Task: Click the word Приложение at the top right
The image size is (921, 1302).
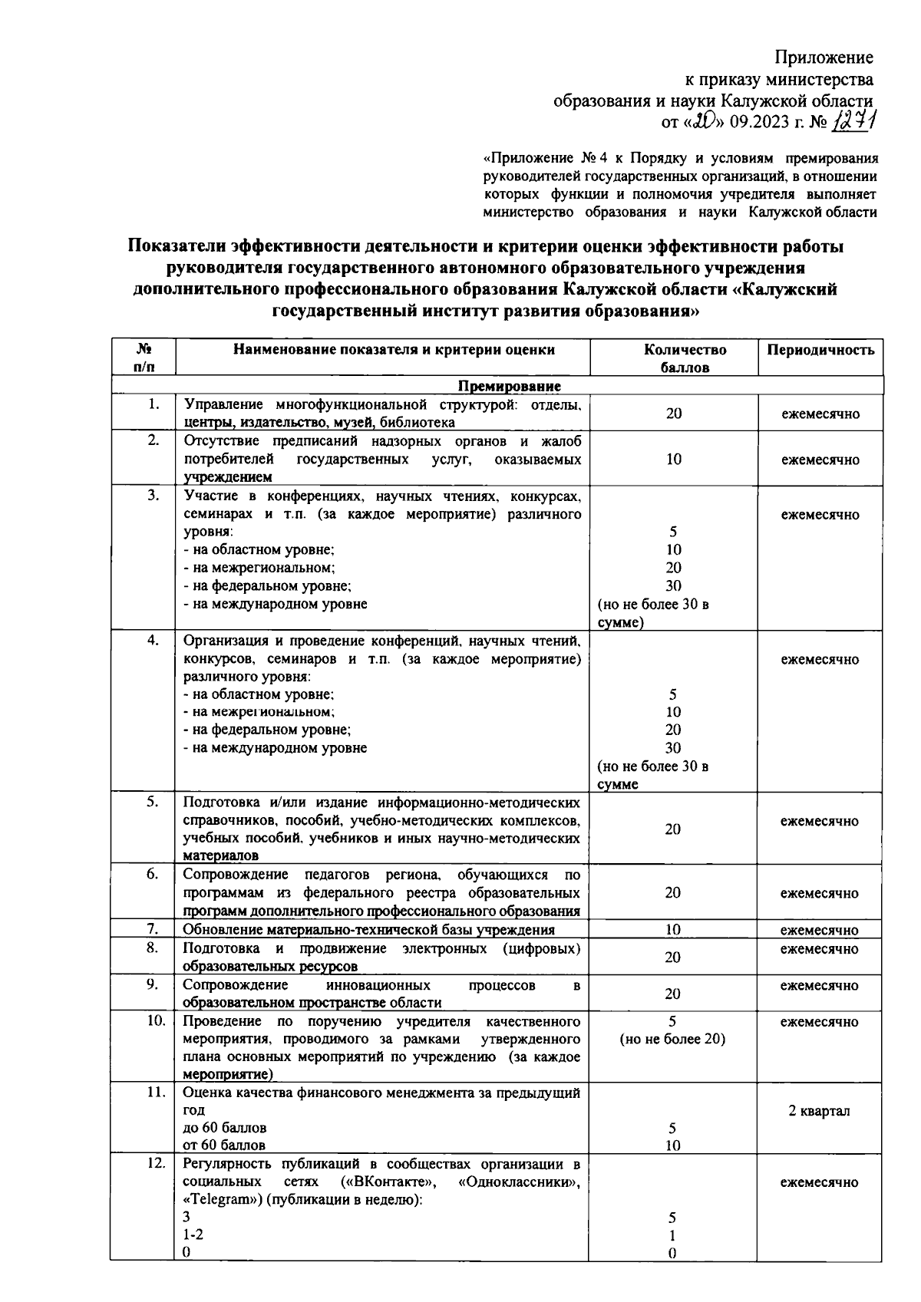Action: click(x=823, y=58)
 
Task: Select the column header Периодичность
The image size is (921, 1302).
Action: click(x=820, y=350)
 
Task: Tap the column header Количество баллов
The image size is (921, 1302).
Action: click(x=674, y=358)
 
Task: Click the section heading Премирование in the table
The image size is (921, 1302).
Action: click(x=510, y=386)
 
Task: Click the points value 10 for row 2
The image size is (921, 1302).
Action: click(x=673, y=460)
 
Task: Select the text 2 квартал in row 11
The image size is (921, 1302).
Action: click(x=819, y=1111)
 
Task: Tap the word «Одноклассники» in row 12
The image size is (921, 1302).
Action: click(x=519, y=1182)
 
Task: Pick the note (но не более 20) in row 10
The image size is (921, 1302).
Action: click(x=673, y=1040)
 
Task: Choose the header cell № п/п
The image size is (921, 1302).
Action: click(x=144, y=358)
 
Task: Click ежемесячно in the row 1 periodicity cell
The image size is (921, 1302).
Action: click(x=820, y=414)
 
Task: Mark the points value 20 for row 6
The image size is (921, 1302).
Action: click(x=673, y=893)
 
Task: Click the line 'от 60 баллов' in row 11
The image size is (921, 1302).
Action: click(x=224, y=1145)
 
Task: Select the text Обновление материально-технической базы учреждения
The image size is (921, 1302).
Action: click(x=368, y=930)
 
